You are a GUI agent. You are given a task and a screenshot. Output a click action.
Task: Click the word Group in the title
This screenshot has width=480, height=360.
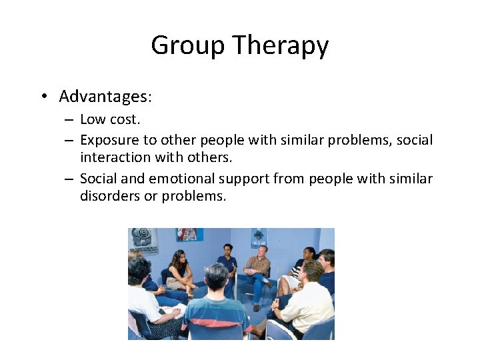point(188,45)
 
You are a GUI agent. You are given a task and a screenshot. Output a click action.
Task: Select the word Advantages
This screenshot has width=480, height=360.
point(105,97)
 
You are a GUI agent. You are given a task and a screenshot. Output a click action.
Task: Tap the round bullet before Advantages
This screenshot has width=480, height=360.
point(43,97)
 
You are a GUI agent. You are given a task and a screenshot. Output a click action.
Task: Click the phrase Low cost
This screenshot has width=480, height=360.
point(109,119)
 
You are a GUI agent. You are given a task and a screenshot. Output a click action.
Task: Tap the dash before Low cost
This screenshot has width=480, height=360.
point(69,120)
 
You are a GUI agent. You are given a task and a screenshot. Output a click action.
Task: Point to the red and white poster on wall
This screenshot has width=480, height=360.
point(189,235)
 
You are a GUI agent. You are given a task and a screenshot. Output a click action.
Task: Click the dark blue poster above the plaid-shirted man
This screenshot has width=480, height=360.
point(259,237)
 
